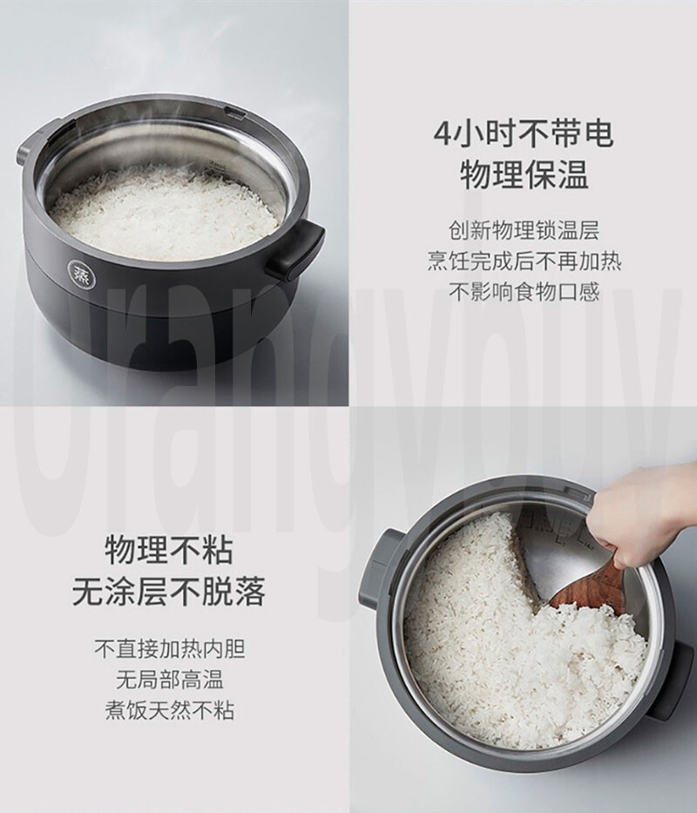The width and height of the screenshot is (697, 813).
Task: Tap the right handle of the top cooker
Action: (295, 250)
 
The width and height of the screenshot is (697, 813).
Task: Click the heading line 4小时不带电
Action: (523, 134)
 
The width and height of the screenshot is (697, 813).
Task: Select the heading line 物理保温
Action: (524, 174)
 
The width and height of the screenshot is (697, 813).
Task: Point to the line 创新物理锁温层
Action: (524, 231)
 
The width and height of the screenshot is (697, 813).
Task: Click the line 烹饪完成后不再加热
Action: (524, 261)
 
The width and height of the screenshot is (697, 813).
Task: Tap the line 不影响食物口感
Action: (524, 291)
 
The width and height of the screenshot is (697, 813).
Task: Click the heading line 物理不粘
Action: (169, 551)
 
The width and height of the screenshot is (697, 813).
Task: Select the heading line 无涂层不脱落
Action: (168, 593)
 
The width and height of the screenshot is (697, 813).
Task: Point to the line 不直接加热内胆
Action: (169, 649)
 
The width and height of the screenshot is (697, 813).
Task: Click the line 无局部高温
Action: (169, 680)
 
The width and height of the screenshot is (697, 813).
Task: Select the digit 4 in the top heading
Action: (442, 135)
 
